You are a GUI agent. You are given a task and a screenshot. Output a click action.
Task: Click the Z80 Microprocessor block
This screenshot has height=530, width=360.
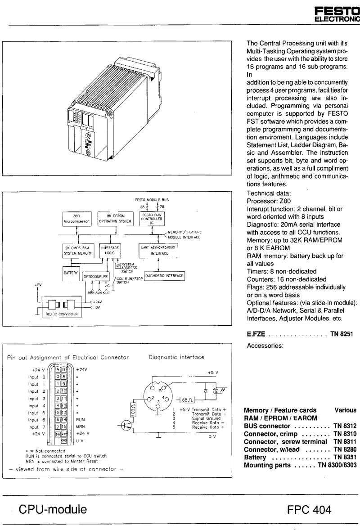[77, 219]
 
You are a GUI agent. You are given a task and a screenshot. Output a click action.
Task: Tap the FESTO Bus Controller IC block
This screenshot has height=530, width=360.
[154, 219]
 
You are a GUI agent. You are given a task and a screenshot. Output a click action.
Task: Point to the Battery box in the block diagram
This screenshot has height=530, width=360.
[71, 274]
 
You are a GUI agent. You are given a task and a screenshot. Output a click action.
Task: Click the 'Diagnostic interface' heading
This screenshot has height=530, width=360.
[176, 356]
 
